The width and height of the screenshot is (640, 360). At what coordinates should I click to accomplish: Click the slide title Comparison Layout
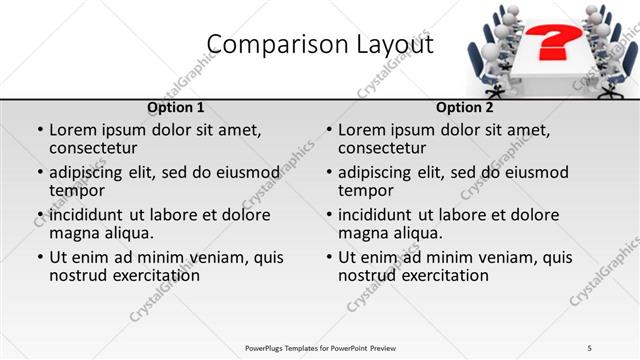click(x=320, y=45)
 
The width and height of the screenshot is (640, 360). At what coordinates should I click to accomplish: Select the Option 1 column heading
click(x=176, y=107)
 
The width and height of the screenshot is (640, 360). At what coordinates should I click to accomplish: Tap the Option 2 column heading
click(x=464, y=107)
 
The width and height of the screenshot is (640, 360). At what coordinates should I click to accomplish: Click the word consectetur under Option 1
click(x=93, y=148)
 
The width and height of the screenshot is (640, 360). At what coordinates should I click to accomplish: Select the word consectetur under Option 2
click(x=382, y=148)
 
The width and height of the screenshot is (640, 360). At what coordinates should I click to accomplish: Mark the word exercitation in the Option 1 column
click(x=154, y=275)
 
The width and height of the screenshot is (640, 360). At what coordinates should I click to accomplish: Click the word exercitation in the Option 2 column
click(x=443, y=275)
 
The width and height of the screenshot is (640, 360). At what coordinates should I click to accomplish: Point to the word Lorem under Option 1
click(x=72, y=130)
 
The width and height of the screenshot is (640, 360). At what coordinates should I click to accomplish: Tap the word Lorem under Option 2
click(x=361, y=130)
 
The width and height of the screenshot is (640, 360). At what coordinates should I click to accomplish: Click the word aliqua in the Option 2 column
click(x=417, y=233)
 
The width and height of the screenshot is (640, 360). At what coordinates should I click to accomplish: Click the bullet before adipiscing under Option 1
click(x=39, y=173)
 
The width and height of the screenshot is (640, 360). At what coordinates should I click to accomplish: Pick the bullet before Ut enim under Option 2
click(x=328, y=257)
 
